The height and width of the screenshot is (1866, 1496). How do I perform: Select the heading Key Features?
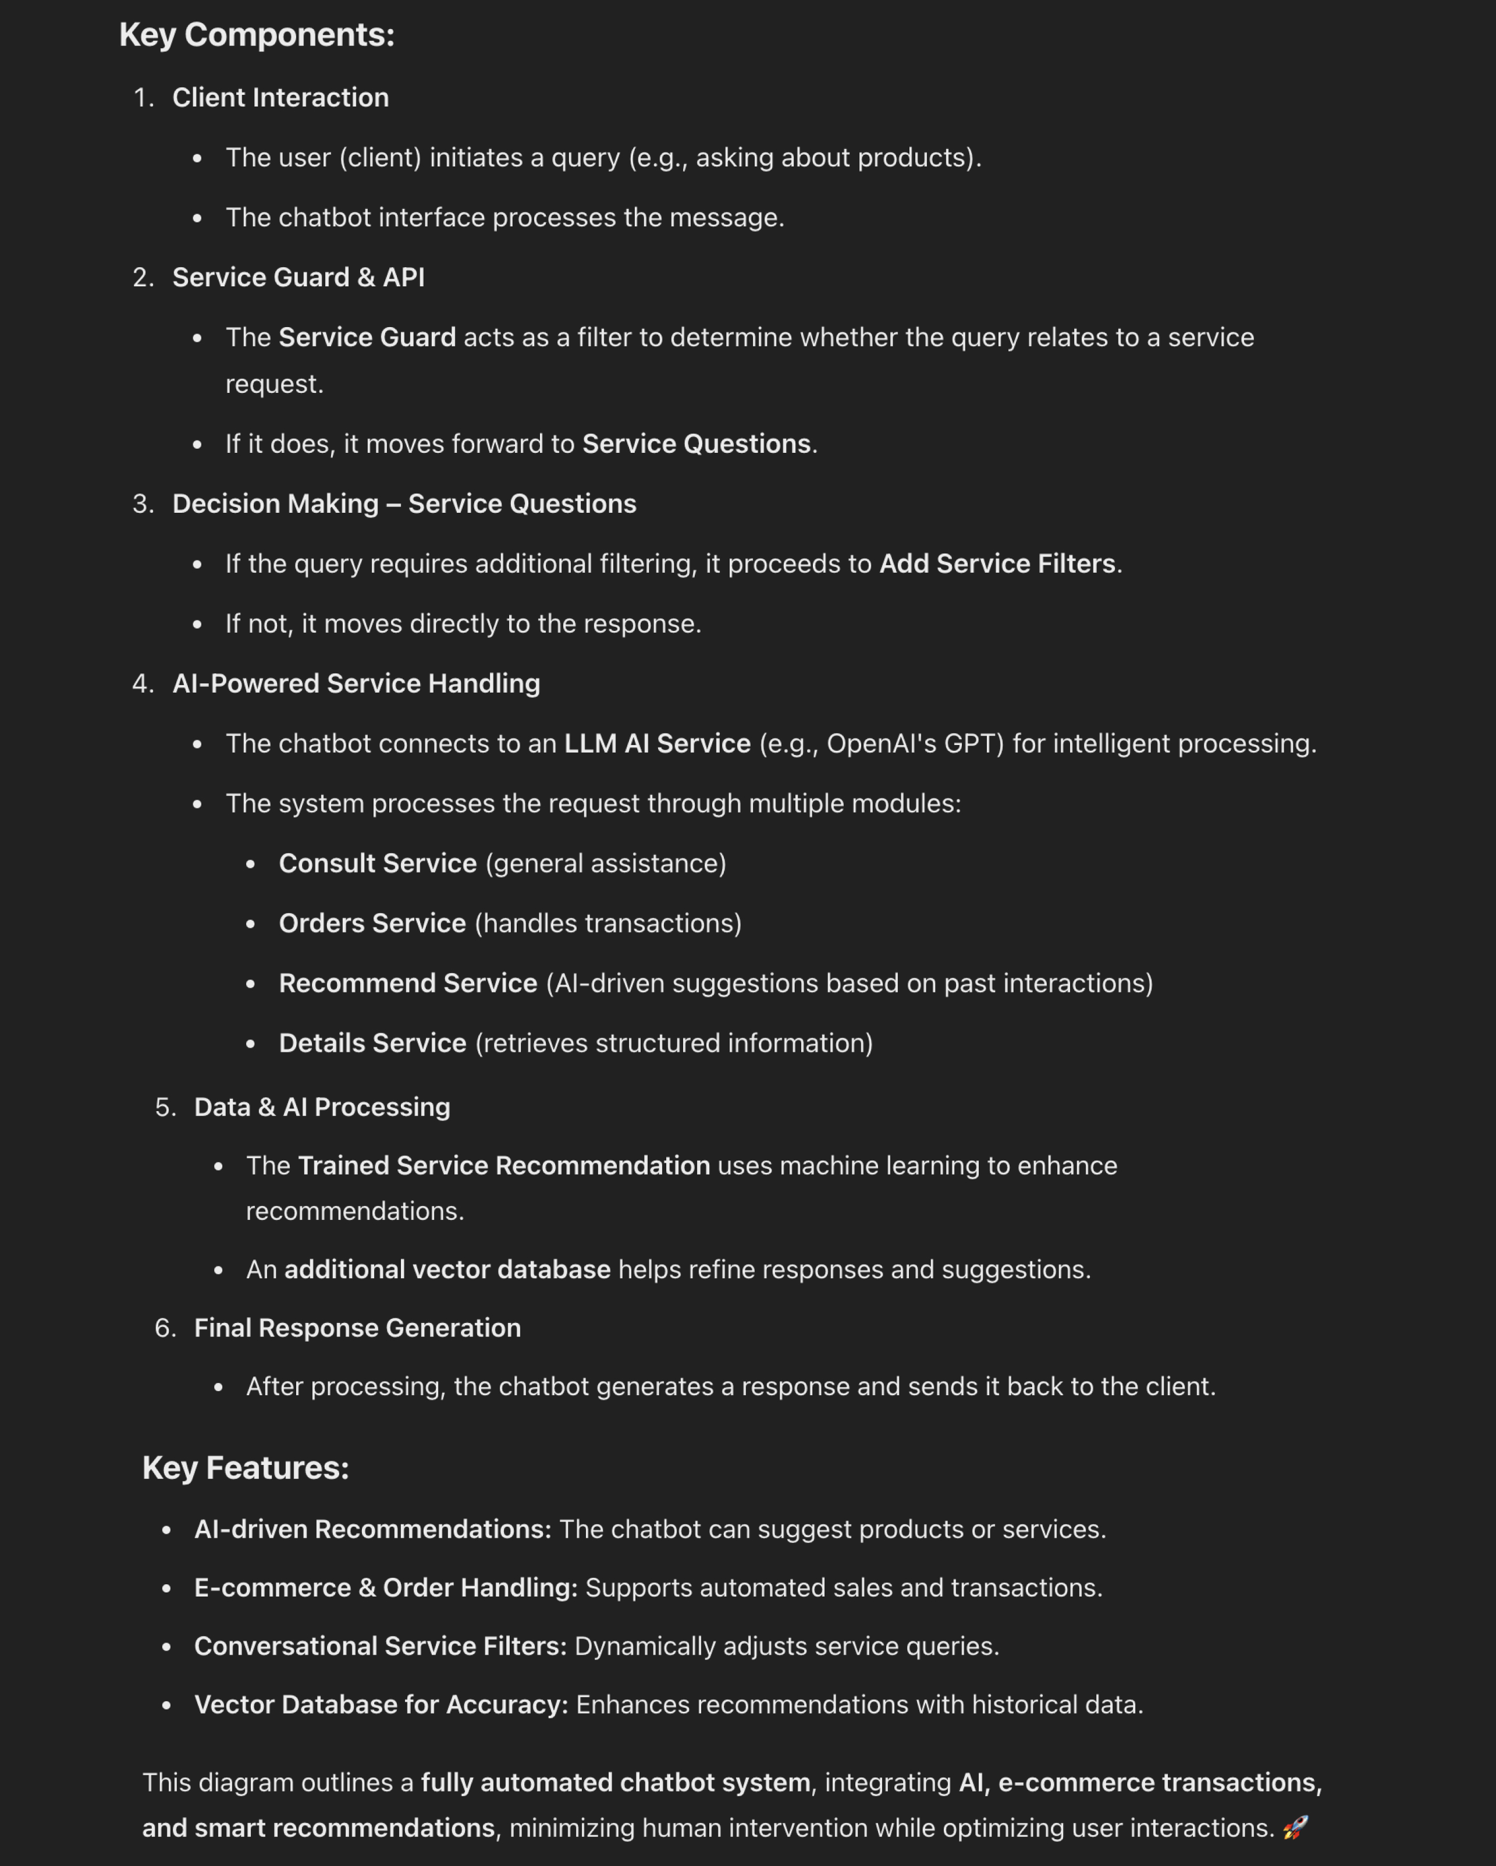tap(246, 1468)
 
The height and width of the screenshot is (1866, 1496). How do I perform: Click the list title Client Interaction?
tap(280, 98)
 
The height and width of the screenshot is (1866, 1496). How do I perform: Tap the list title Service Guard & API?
tap(299, 277)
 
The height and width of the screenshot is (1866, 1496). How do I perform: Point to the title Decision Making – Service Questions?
tap(404, 503)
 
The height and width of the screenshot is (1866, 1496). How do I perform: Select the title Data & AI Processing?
tap(322, 1107)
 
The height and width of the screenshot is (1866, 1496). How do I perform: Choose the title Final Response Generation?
tap(357, 1328)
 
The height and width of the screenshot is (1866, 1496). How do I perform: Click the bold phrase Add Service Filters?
tap(997, 563)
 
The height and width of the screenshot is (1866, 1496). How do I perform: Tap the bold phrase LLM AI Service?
tap(657, 743)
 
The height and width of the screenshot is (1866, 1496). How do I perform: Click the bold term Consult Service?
tap(377, 863)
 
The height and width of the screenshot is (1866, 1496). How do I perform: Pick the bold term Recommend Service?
tap(407, 983)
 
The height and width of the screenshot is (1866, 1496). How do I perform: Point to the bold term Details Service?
tap(372, 1043)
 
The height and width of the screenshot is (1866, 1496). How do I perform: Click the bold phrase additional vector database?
tap(447, 1269)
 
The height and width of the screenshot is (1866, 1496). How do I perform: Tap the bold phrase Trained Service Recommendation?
tap(503, 1166)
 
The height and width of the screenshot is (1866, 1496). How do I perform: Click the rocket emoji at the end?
tap(1295, 1828)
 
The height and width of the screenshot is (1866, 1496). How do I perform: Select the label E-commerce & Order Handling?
tap(385, 1587)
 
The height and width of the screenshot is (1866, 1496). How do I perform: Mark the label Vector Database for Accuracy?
tap(381, 1704)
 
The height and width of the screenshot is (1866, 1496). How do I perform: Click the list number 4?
tap(143, 684)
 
